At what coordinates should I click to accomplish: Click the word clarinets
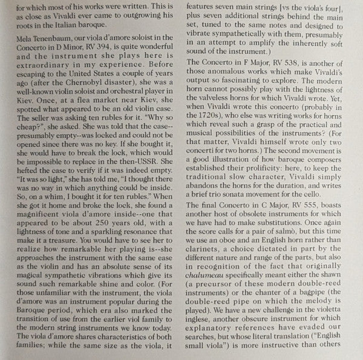(x=204, y=281)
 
